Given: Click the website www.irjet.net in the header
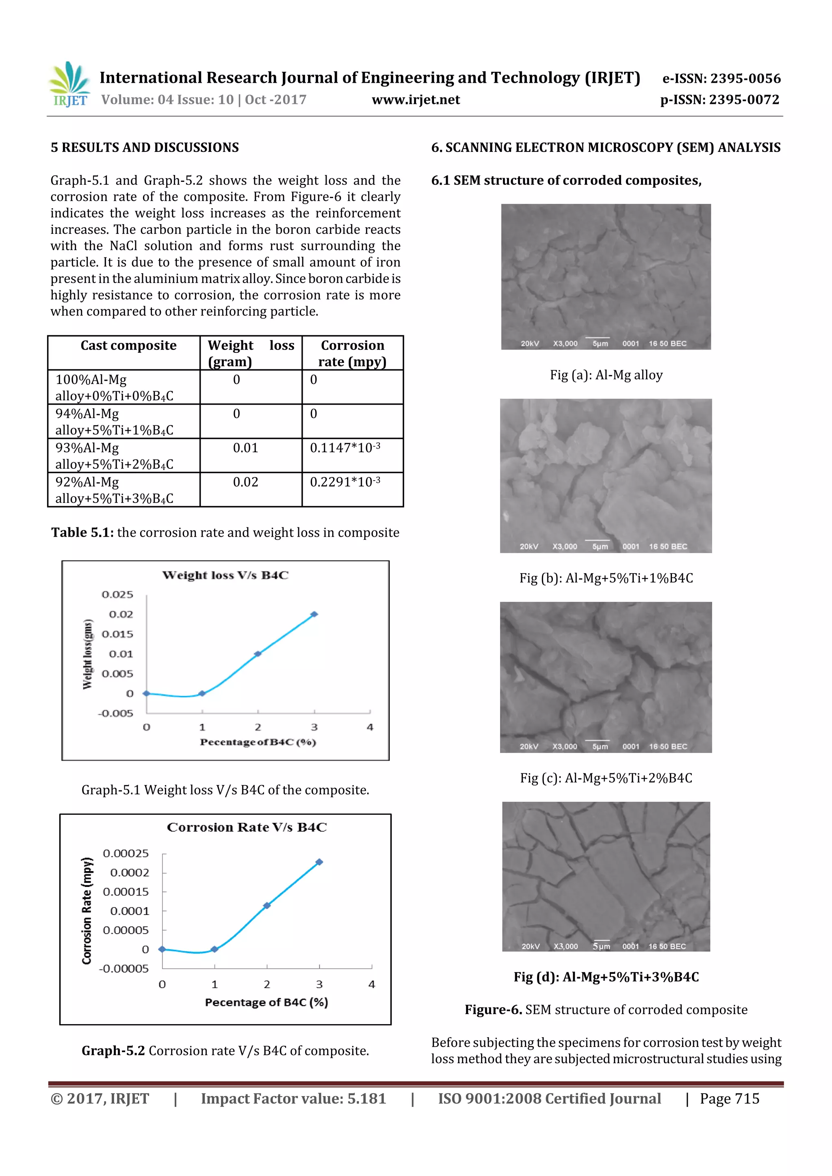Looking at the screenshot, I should (x=416, y=99).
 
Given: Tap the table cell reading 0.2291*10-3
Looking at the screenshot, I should (x=345, y=482).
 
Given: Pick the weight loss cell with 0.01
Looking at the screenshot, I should (x=245, y=448).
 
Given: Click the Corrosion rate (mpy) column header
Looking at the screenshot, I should (x=352, y=354).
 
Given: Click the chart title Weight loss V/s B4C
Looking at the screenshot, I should (x=225, y=575).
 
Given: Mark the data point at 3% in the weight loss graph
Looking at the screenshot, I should (x=314, y=614).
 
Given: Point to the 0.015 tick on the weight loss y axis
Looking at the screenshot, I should (x=117, y=634).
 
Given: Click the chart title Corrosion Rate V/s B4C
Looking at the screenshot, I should (x=247, y=827).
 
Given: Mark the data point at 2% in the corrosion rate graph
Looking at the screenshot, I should (x=266, y=906).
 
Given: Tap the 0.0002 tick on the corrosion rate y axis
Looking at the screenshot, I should (x=129, y=873).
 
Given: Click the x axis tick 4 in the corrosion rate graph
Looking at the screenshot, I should (x=372, y=984).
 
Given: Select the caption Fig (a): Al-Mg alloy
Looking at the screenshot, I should (x=606, y=375).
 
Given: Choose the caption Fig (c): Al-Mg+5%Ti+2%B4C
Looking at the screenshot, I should (x=606, y=778).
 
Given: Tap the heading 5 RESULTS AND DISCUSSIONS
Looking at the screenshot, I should (x=145, y=147).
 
